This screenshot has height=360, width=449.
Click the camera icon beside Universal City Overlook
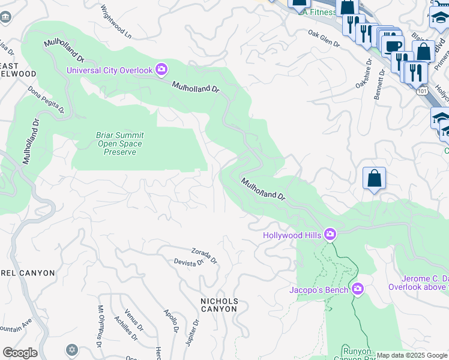(x=161, y=70)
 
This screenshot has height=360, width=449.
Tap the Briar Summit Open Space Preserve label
(x=119, y=143)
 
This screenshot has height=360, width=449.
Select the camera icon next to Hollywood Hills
(x=330, y=235)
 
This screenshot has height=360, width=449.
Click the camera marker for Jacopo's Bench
(x=358, y=290)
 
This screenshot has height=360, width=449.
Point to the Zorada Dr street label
(x=204, y=256)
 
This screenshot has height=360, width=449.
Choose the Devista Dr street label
(x=189, y=263)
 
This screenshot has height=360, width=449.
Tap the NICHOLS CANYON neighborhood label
(x=219, y=305)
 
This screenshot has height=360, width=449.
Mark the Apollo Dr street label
(x=172, y=322)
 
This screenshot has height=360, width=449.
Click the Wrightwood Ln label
(x=116, y=22)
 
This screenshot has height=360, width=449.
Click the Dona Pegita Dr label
(x=46, y=99)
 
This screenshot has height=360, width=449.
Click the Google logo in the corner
(x=20, y=353)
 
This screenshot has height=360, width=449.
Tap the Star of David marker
(x=73, y=349)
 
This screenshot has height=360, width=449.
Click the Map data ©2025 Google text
(x=411, y=355)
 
